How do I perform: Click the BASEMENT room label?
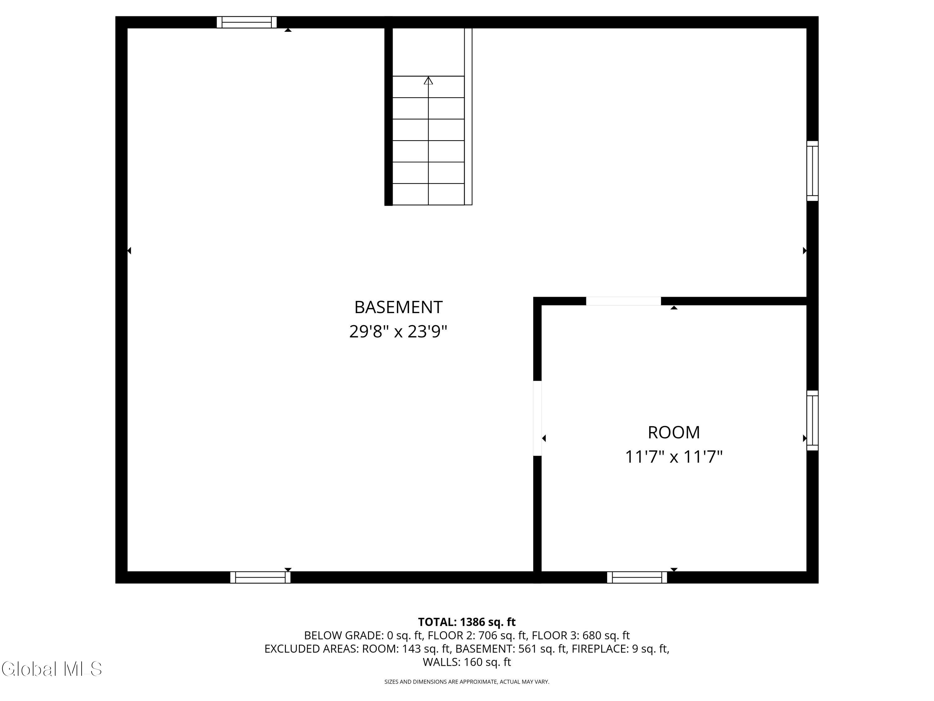point(398,307)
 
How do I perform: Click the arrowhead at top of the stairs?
point(428,80)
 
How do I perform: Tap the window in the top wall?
point(247,22)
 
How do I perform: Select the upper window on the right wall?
point(812,171)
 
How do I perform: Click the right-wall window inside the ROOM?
point(812,420)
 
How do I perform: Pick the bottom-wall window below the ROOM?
point(637,577)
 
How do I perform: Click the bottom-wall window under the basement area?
point(260,577)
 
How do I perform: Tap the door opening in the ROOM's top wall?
point(623,301)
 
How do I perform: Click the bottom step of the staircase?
point(428,194)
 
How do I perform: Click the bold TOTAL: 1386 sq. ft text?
point(467,622)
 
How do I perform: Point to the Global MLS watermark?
point(51,669)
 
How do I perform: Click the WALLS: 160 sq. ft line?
point(467,662)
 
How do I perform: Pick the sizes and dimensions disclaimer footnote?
point(467,682)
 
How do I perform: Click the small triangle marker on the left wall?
point(129,250)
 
